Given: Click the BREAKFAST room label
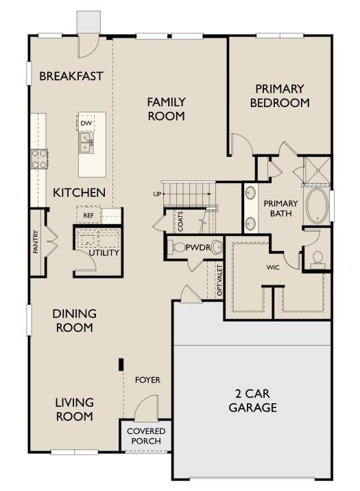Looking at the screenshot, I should click(x=71, y=76).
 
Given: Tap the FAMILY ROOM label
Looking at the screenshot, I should click(x=166, y=109).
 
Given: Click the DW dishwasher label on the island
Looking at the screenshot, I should click(x=86, y=123).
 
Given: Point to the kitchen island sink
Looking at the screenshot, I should click(x=86, y=143).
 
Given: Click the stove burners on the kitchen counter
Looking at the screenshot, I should click(x=38, y=160).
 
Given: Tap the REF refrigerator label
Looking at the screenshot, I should click(x=88, y=215).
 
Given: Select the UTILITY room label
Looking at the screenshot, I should click(x=104, y=253).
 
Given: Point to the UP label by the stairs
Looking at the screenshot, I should click(x=157, y=195).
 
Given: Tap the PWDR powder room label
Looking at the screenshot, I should click(x=197, y=247).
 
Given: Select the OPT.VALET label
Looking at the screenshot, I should click(x=219, y=281).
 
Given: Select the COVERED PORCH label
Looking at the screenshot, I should click(x=145, y=436).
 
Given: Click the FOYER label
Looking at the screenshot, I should click(x=147, y=379).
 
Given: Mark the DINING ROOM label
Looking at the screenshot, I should click(x=74, y=320).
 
